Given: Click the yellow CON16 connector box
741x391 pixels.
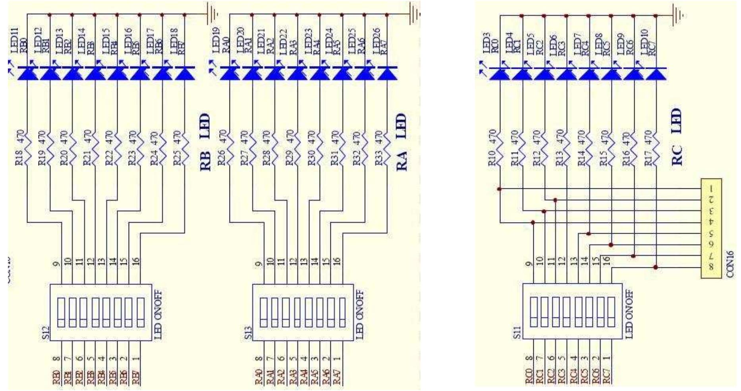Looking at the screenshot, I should [711, 228].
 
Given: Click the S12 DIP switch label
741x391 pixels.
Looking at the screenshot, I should [46, 333].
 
